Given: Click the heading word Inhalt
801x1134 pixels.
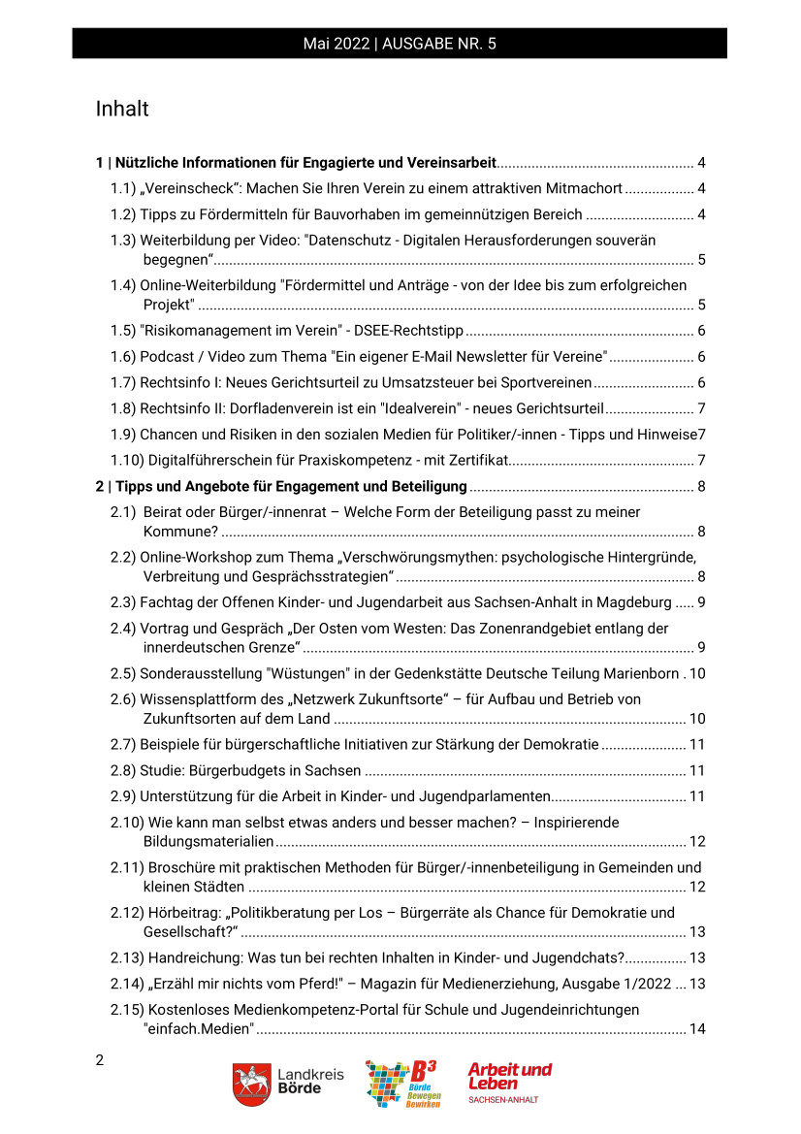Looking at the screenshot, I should click(x=122, y=109).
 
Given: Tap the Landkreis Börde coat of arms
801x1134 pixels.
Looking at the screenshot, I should click(x=251, y=1084).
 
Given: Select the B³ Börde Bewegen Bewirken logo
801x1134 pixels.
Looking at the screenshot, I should click(x=401, y=1084).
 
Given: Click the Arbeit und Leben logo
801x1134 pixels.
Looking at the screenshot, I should click(x=509, y=1082).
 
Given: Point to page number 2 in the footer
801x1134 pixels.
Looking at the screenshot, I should click(x=100, y=1059).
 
